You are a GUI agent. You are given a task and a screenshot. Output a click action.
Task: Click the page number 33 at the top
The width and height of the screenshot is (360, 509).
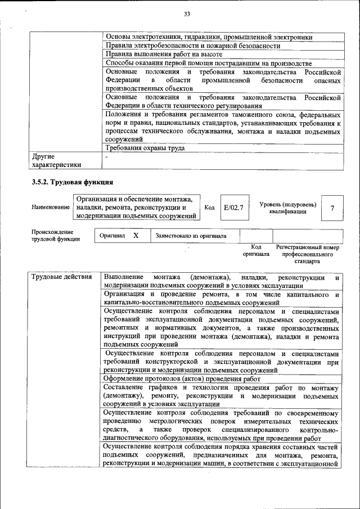187,14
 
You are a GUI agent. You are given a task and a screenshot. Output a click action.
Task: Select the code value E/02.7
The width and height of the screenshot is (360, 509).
233,208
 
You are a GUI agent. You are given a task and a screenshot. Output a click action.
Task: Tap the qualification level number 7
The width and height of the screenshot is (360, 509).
332,208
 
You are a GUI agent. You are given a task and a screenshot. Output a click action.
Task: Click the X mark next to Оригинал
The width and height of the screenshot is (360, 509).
136,236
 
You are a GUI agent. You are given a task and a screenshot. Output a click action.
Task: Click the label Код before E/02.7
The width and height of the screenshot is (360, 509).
209,208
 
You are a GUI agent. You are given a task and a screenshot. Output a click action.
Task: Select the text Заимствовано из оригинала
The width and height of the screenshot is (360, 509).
191,236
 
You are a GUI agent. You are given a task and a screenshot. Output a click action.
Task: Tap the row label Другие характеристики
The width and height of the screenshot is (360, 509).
56,160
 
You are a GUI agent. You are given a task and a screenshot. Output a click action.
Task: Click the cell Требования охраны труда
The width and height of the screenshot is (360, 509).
145,148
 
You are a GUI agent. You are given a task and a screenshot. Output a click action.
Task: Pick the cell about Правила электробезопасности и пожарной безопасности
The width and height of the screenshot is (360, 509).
193,46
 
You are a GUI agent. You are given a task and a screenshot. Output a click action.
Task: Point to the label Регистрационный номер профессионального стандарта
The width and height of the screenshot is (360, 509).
307,254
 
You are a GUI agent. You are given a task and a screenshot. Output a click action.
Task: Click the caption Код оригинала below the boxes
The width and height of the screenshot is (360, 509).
256,251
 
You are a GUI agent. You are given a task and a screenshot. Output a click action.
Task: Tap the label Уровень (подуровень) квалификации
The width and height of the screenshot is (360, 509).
287,208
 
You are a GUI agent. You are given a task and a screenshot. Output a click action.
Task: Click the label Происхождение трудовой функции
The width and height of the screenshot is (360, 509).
56,236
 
